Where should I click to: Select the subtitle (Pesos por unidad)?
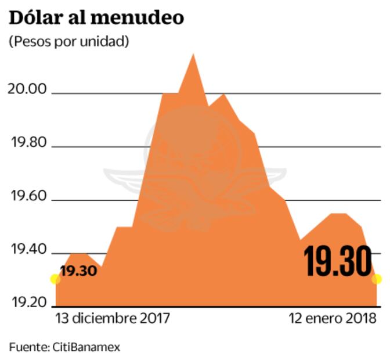pos(68,42)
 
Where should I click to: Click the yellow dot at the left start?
pos(55,279)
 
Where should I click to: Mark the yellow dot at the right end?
pos(377,279)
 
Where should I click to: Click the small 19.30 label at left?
pos(77,271)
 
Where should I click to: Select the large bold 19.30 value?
pos(338,262)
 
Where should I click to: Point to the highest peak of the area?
pos(193,55)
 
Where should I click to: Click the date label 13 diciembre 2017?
pos(113,319)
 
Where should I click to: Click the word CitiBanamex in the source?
pos(85,347)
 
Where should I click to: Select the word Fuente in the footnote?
pos(27,347)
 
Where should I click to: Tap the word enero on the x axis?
pos(327,319)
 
